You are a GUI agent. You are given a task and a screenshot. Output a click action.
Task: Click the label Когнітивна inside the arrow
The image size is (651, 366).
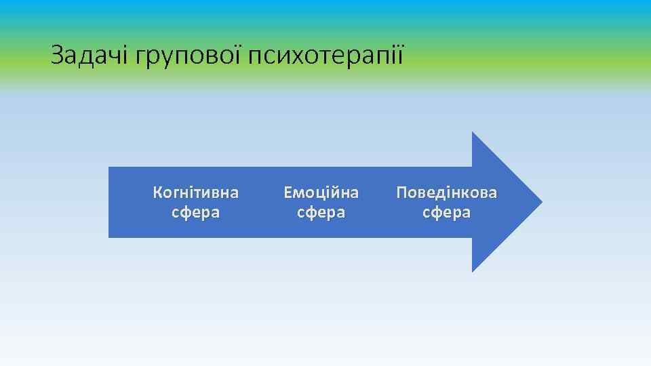(x=196, y=192)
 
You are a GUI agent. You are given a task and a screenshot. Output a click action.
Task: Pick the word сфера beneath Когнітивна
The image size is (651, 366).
(x=196, y=212)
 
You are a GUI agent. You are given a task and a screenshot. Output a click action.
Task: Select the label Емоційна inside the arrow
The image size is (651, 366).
(x=321, y=192)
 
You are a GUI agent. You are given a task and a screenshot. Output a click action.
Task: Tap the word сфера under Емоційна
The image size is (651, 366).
(x=321, y=212)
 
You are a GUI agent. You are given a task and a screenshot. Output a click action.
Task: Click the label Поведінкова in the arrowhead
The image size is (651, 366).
(x=446, y=192)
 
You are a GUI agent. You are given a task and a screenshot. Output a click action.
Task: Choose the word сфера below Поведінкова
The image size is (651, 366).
(x=446, y=212)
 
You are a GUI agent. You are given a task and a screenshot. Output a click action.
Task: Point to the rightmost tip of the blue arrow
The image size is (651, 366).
(x=541, y=202)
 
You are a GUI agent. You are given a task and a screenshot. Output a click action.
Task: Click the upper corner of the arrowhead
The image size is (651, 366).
(x=473, y=133)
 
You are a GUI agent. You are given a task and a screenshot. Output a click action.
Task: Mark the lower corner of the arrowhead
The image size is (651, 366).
(x=473, y=271)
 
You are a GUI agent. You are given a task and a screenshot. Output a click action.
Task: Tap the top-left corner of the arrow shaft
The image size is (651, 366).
(x=109, y=167)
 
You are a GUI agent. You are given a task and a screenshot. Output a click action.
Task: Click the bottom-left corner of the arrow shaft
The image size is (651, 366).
(x=109, y=237)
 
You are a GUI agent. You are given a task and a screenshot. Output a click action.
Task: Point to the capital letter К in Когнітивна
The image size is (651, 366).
(x=158, y=192)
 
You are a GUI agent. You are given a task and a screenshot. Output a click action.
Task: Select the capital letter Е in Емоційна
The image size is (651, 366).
(x=288, y=192)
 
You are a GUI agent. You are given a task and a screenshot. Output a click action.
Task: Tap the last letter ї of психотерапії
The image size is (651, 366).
(x=400, y=55)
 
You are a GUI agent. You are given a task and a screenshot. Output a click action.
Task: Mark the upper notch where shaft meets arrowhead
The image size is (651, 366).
(x=473, y=167)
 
